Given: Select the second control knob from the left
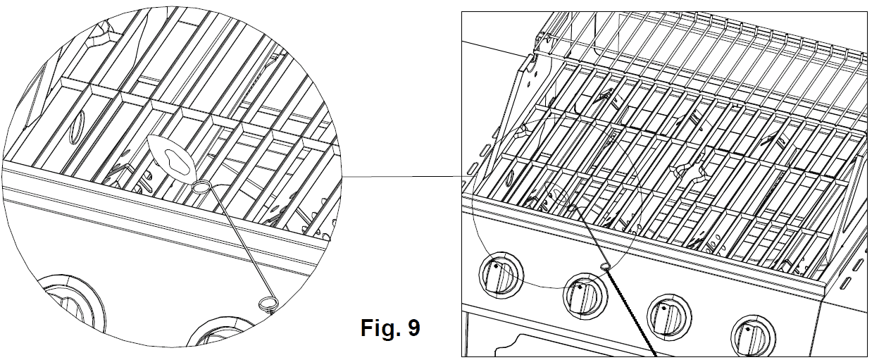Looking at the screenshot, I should [584, 295].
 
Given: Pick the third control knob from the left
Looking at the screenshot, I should [666, 314].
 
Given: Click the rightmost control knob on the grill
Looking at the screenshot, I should [752, 336].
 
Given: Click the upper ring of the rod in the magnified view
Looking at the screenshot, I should [201, 186].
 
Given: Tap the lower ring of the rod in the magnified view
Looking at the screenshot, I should [268, 304].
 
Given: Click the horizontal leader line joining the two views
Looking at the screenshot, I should [401, 175].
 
